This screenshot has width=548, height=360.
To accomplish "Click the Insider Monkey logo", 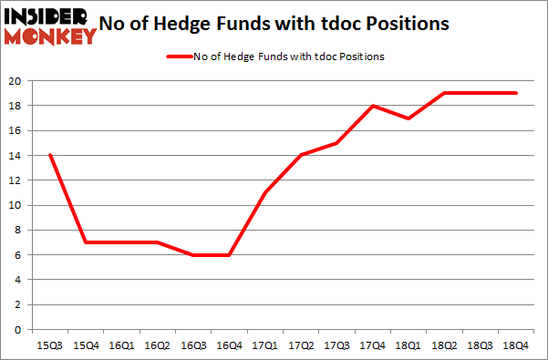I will (x=51, y=26).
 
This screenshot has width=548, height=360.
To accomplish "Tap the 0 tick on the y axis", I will (x=19, y=330).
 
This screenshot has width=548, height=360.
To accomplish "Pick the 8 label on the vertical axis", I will (x=19, y=231).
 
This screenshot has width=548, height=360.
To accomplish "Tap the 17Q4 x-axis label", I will (x=372, y=345).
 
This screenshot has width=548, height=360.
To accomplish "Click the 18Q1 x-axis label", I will (x=408, y=345).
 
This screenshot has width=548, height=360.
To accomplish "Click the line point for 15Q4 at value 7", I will (x=85, y=242).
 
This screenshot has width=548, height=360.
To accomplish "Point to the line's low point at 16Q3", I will (x=192, y=255).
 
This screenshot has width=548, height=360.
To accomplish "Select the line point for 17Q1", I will (x=264, y=193).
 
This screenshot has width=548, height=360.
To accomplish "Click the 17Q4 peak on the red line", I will (x=372, y=106).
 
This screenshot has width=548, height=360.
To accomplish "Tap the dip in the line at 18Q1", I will (x=408, y=118).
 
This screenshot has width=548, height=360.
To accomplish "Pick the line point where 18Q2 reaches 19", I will (x=444, y=93).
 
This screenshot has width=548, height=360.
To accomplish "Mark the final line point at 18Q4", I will (x=516, y=93).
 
